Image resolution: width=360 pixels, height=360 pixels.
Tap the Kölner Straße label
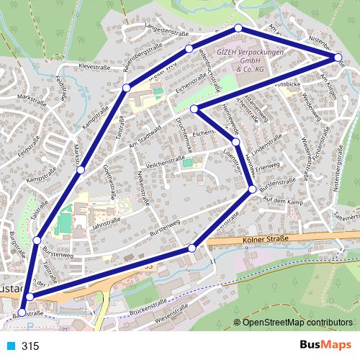266,239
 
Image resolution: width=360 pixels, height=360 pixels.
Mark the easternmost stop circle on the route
338,57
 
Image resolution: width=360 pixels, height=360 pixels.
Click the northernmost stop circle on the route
238,28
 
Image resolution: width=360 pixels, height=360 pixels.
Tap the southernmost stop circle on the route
21,312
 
